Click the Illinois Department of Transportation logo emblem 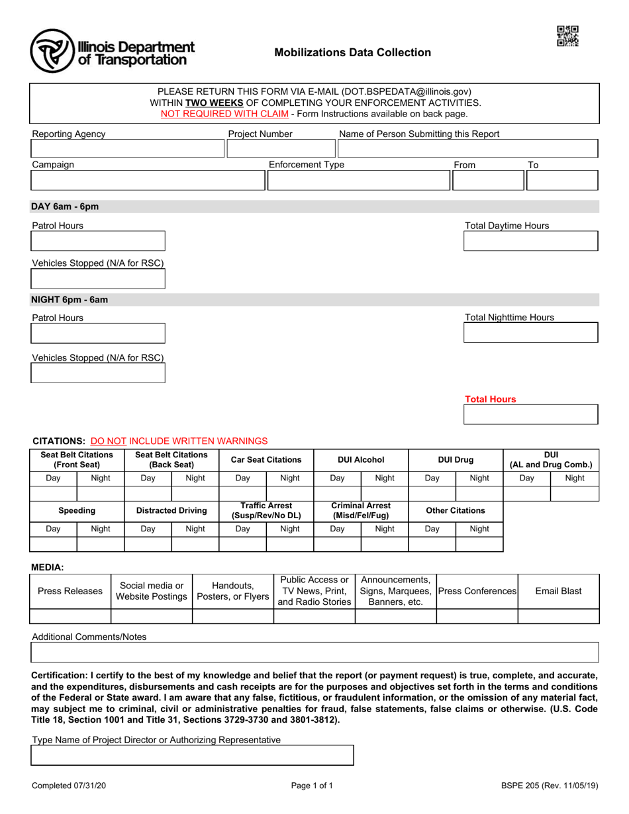click(52, 51)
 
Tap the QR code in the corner click(567, 36)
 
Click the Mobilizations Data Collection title click(353, 53)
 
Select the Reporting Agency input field click(127, 149)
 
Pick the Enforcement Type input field click(358, 180)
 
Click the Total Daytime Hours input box click(530, 242)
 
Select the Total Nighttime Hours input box click(530, 333)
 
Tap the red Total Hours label click(490, 399)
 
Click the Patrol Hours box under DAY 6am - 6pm click(98, 242)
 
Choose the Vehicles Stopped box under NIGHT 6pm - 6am click(98, 374)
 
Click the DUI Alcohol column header click(361, 459)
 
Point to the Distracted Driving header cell click(171, 511)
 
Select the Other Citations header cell click(456, 511)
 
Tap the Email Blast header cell click(558, 591)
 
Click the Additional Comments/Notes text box click(315, 653)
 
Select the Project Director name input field click(193, 755)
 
